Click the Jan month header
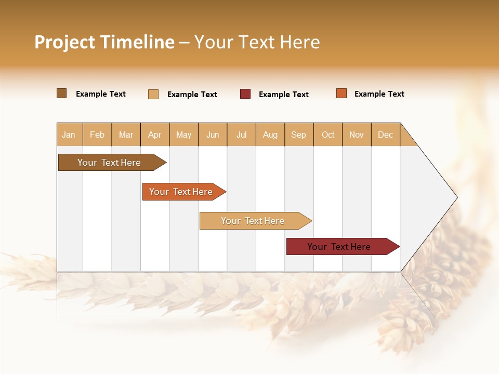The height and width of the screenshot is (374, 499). (69, 135)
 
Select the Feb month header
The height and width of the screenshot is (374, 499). (97, 135)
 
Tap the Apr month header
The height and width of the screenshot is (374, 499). (155, 135)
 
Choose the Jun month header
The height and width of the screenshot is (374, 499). (213, 135)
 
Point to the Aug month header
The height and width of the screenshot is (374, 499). (270, 135)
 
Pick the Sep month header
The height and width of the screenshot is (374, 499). (299, 135)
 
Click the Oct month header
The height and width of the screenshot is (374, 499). (328, 135)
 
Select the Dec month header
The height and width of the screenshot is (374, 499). (386, 135)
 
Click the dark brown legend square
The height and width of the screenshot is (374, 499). (62, 94)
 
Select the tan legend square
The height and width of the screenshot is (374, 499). (153, 94)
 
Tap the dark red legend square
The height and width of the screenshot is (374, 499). (245, 94)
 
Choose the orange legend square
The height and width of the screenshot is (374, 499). (342, 94)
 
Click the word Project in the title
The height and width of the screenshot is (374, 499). (65, 42)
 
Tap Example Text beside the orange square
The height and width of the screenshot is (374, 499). (379, 94)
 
